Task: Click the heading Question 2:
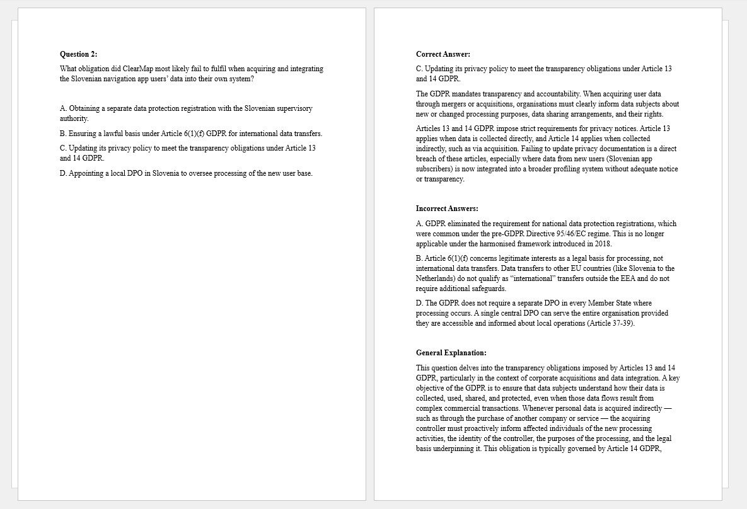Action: coord(79,54)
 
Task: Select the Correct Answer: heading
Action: coord(443,54)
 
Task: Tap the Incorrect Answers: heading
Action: coord(447,209)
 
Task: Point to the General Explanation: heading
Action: coord(451,353)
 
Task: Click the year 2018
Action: coord(603,244)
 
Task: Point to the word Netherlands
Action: coord(436,278)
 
